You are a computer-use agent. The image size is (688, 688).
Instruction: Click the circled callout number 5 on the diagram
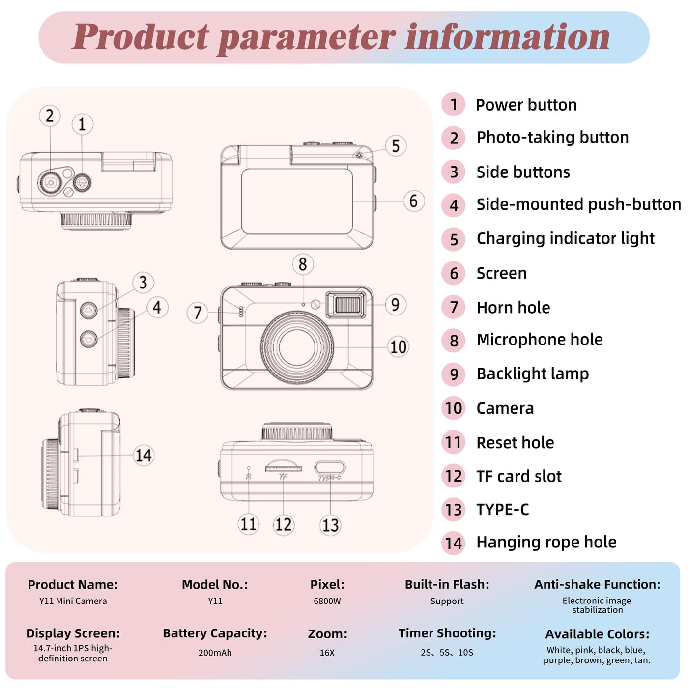[x=395, y=145]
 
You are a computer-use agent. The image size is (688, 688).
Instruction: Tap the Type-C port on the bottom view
[x=330, y=467]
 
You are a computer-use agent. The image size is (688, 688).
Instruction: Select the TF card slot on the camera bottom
[x=283, y=467]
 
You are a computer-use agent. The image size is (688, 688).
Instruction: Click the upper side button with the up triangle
[x=88, y=310]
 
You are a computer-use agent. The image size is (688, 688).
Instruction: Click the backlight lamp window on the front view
[x=345, y=305]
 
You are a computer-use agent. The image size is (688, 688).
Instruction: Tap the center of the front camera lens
[x=297, y=346]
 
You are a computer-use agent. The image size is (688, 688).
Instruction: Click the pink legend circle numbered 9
[x=453, y=374]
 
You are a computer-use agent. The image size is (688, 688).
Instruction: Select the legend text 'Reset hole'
[x=515, y=442]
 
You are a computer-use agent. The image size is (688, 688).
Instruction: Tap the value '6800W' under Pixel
[x=327, y=601]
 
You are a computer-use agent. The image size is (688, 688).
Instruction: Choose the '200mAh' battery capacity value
[x=215, y=652]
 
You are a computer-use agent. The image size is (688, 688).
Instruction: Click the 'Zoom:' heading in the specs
[x=327, y=634]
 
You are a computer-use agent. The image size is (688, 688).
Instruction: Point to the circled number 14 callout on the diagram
[x=143, y=455]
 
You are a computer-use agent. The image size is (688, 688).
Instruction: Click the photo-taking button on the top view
[x=50, y=182]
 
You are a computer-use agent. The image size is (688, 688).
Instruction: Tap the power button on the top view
[x=82, y=183]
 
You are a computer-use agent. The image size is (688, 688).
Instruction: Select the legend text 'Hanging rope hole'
[x=546, y=542]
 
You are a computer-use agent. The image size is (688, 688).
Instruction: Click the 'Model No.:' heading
[x=215, y=584]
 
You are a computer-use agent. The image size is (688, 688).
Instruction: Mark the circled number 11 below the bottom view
[x=249, y=524]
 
